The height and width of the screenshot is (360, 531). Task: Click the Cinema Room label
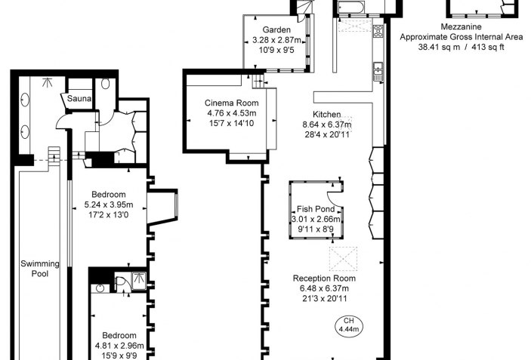click(x=231, y=103)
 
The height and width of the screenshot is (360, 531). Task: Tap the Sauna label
click(x=79, y=98)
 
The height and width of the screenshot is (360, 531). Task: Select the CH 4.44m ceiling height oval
click(x=348, y=325)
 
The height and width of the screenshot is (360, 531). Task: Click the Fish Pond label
click(x=316, y=209)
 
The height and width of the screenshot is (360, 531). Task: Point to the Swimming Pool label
click(x=40, y=269)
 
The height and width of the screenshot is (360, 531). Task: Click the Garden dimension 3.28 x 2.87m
click(x=276, y=40)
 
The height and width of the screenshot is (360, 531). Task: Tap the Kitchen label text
click(x=327, y=114)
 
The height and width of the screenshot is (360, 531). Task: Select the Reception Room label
click(x=324, y=278)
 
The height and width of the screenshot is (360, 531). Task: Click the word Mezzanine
click(x=461, y=26)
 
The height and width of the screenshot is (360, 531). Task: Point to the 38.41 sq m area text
click(x=439, y=47)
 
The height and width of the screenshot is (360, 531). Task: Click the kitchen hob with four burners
click(x=378, y=31)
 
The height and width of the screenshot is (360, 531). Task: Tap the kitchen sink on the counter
click(x=378, y=72)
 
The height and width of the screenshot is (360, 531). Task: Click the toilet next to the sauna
click(x=105, y=84)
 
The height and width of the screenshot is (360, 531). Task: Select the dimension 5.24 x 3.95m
click(x=109, y=205)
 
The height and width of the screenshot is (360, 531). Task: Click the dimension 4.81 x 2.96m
click(x=119, y=346)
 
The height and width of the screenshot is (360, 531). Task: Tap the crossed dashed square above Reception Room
click(x=343, y=259)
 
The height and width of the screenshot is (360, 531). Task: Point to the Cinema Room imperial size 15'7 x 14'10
click(x=231, y=123)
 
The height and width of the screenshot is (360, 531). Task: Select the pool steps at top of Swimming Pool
click(x=54, y=156)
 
